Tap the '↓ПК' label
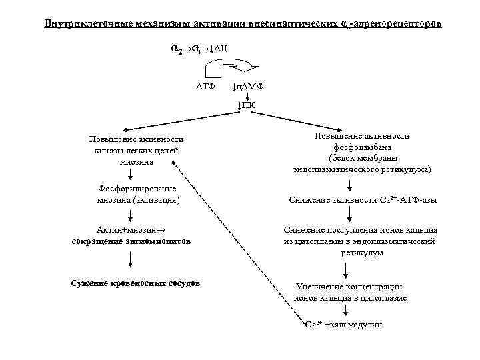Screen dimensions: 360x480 click(246, 104)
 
